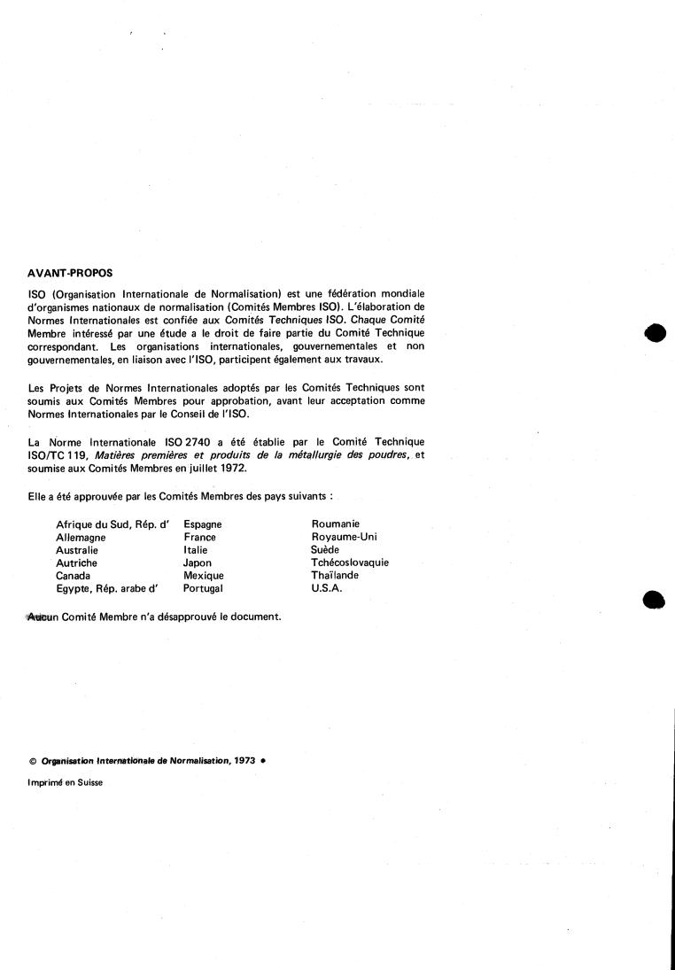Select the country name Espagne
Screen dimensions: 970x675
point(202,524)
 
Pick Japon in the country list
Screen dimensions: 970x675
point(198,563)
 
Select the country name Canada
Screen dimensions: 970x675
point(74,575)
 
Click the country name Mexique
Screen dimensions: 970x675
point(203,575)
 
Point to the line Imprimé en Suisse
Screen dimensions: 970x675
point(66,782)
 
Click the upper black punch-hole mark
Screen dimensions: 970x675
point(656,332)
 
